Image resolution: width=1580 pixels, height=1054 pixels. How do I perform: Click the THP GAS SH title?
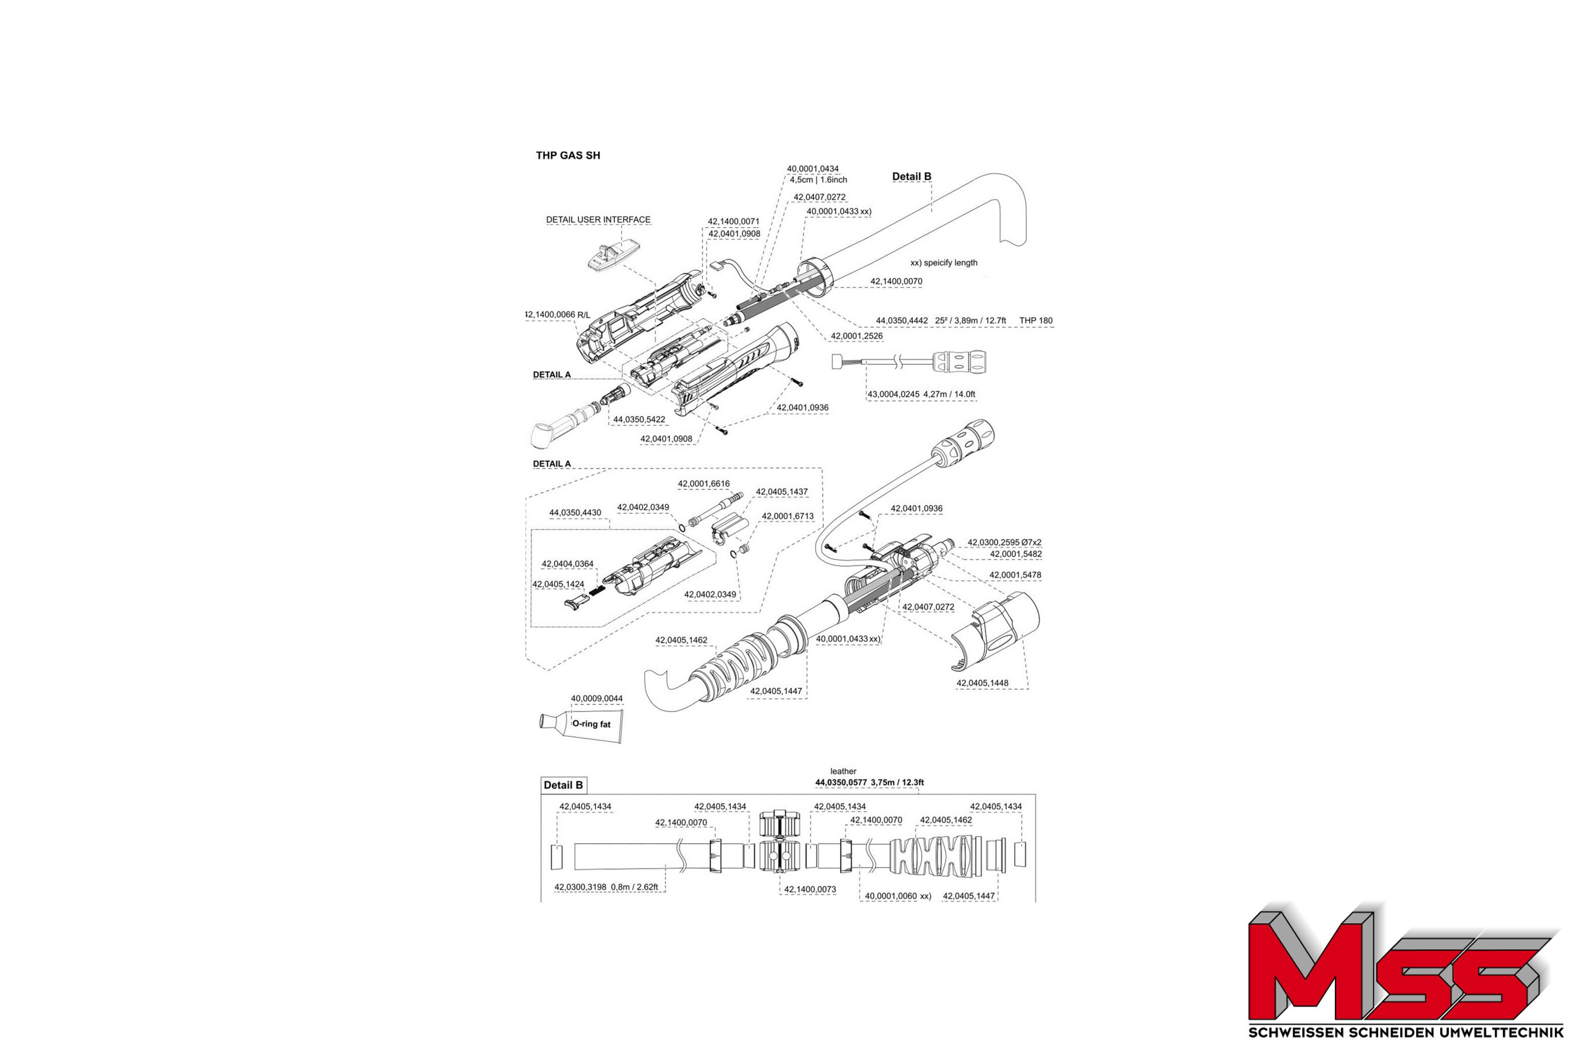coord(568,155)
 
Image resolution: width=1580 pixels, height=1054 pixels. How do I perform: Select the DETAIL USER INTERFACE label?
coord(598,220)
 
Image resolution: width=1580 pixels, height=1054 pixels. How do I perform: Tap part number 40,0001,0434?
coord(813,169)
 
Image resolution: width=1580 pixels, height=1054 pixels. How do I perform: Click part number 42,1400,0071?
coord(734,221)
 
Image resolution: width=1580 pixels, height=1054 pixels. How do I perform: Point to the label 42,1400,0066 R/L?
coord(557,314)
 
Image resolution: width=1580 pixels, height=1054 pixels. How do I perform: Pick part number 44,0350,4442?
coord(902,321)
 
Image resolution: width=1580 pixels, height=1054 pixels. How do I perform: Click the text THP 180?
coord(1036,321)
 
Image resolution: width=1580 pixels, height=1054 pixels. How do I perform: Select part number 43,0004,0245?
coord(894,395)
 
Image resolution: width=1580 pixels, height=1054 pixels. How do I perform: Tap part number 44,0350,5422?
coord(639,419)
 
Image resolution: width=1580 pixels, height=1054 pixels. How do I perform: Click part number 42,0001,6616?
coord(703,484)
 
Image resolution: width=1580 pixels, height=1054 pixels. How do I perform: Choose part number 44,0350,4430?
coord(575,513)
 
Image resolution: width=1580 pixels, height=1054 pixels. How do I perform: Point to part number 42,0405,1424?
coord(558,584)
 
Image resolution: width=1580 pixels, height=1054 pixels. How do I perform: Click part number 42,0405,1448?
coord(982,683)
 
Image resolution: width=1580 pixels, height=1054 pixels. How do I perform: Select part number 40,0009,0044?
coord(596,699)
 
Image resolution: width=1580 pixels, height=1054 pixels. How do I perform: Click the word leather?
coord(843,771)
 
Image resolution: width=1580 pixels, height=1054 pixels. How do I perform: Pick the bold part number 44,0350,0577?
coord(841,782)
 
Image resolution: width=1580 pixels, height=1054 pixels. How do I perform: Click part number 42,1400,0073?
coord(810,889)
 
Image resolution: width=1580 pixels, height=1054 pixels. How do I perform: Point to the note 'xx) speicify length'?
coord(944,263)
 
